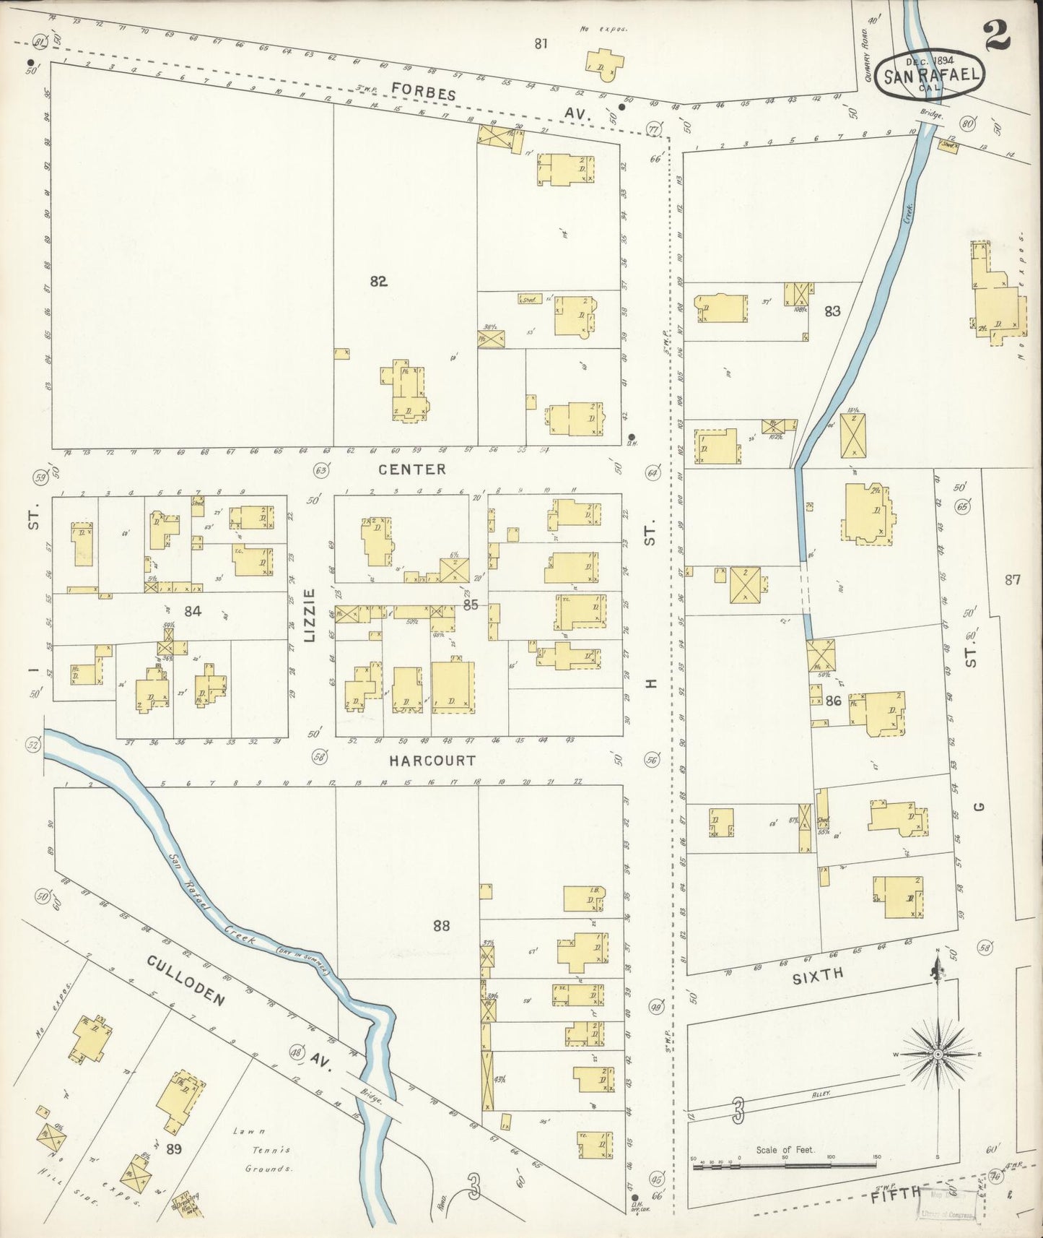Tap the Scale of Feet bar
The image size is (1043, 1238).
785,1164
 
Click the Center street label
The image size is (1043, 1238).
412,469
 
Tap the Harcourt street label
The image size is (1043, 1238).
432,761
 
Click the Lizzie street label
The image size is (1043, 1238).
310,615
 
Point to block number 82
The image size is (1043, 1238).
378,282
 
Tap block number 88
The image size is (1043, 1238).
441,925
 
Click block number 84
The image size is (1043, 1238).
192,611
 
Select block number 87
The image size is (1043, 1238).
1012,579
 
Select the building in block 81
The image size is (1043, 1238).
604,64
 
